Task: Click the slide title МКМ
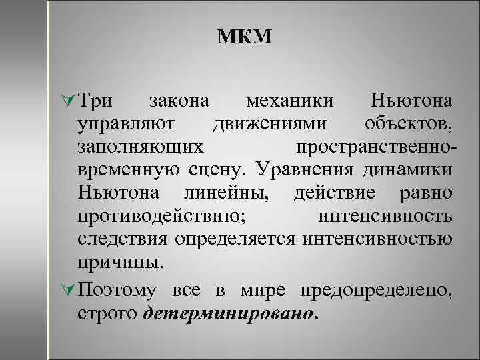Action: pos(245,37)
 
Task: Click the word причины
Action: pos(119,261)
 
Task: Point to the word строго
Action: pos(107,313)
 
